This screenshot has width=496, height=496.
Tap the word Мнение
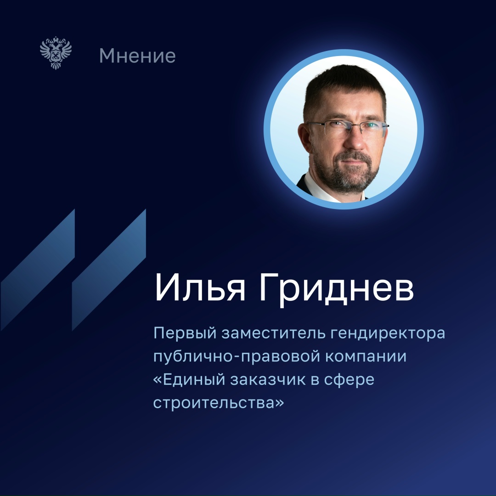coord(137,56)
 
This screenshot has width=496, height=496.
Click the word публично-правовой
coord(235,357)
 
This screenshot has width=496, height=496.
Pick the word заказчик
coord(283,381)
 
